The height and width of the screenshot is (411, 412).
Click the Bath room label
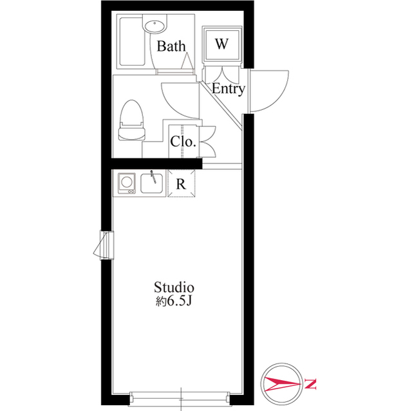tap(171, 46)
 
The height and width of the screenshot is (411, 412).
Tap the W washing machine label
tap(221, 44)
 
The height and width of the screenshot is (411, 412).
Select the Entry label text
tap(228, 89)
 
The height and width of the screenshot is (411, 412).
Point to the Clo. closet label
tap(183, 142)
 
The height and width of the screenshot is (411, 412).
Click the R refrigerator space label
tap(181, 184)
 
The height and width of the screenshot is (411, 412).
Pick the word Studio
tap(174, 287)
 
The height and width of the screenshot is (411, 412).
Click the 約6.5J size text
tap(173, 302)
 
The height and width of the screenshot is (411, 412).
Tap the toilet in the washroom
tap(131, 120)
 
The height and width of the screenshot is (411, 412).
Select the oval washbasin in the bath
tap(154, 26)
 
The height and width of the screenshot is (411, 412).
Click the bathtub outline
tap(132, 41)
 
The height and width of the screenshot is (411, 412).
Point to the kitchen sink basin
tap(152, 183)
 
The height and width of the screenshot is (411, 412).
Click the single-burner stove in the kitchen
tap(127, 183)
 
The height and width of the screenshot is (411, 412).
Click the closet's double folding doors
tap(208, 142)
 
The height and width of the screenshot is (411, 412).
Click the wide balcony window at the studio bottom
tap(180, 398)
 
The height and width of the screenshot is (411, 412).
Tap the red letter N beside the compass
tap(310, 383)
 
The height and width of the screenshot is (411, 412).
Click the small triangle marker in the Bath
tap(187, 60)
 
